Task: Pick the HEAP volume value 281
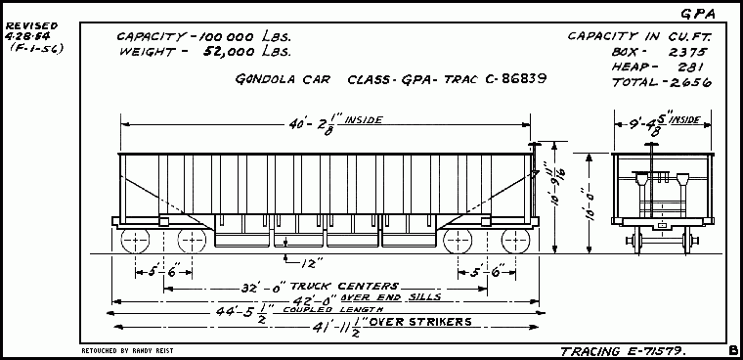[x=692, y=67]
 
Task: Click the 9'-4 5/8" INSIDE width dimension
[x=655, y=124]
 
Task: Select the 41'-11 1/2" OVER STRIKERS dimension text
[x=391, y=324]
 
